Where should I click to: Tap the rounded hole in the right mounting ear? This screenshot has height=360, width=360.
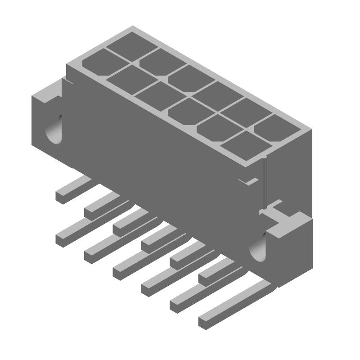(x=260, y=250)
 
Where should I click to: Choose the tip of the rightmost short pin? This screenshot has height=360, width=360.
(x=205, y=278)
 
